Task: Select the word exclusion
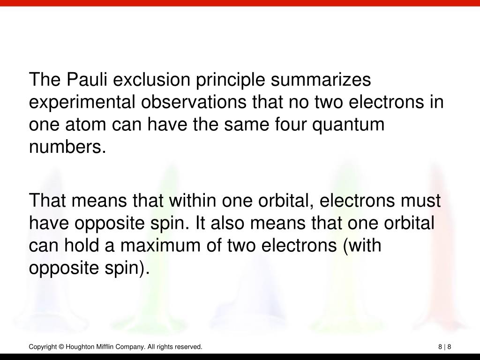click(x=151, y=79)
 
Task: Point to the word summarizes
click(x=321, y=79)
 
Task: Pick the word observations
click(x=194, y=102)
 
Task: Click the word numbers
click(x=67, y=147)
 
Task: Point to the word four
click(x=291, y=124)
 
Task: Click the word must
click(x=421, y=201)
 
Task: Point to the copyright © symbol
click(x=61, y=347)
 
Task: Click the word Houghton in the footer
click(x=80, y=347)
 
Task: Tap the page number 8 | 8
click(x=445, y=347)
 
